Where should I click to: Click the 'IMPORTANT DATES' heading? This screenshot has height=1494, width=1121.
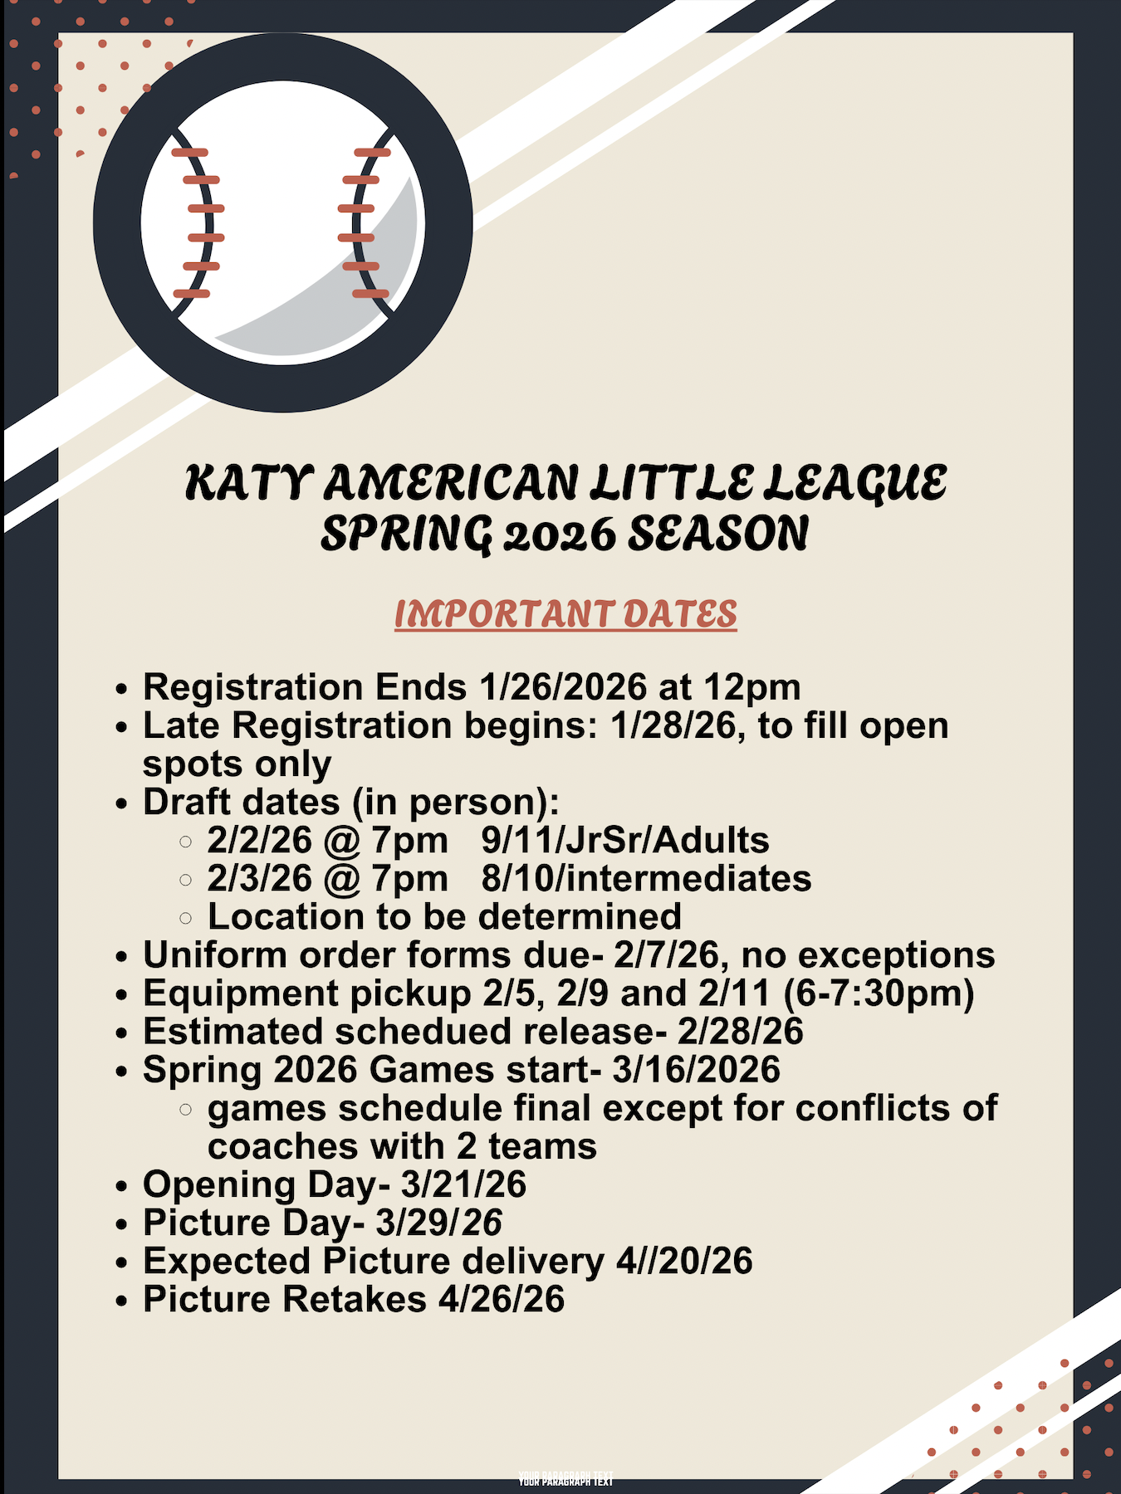pos(565,614)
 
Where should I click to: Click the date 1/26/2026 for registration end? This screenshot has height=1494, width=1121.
pos(563,687)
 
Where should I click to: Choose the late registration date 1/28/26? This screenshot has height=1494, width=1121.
pos(673,726)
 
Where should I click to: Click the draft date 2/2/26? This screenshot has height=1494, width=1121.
pos(259,840)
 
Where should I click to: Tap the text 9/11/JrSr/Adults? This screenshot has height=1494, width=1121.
pos(625,840)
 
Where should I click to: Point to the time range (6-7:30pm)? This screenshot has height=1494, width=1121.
pos(879,994)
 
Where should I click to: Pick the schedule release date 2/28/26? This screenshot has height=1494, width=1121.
pos(741,1032)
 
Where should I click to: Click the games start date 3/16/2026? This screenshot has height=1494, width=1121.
pos(697,1070)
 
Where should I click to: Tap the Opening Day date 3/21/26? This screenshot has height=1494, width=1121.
pos(463,1184)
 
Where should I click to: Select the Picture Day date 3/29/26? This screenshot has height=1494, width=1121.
pos(439,1223)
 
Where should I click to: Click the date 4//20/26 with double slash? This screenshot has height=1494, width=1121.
pos(684,1261)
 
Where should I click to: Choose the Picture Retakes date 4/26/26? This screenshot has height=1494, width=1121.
pos(502,1299)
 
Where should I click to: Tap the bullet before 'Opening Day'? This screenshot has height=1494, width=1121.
pos(122,1186)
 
